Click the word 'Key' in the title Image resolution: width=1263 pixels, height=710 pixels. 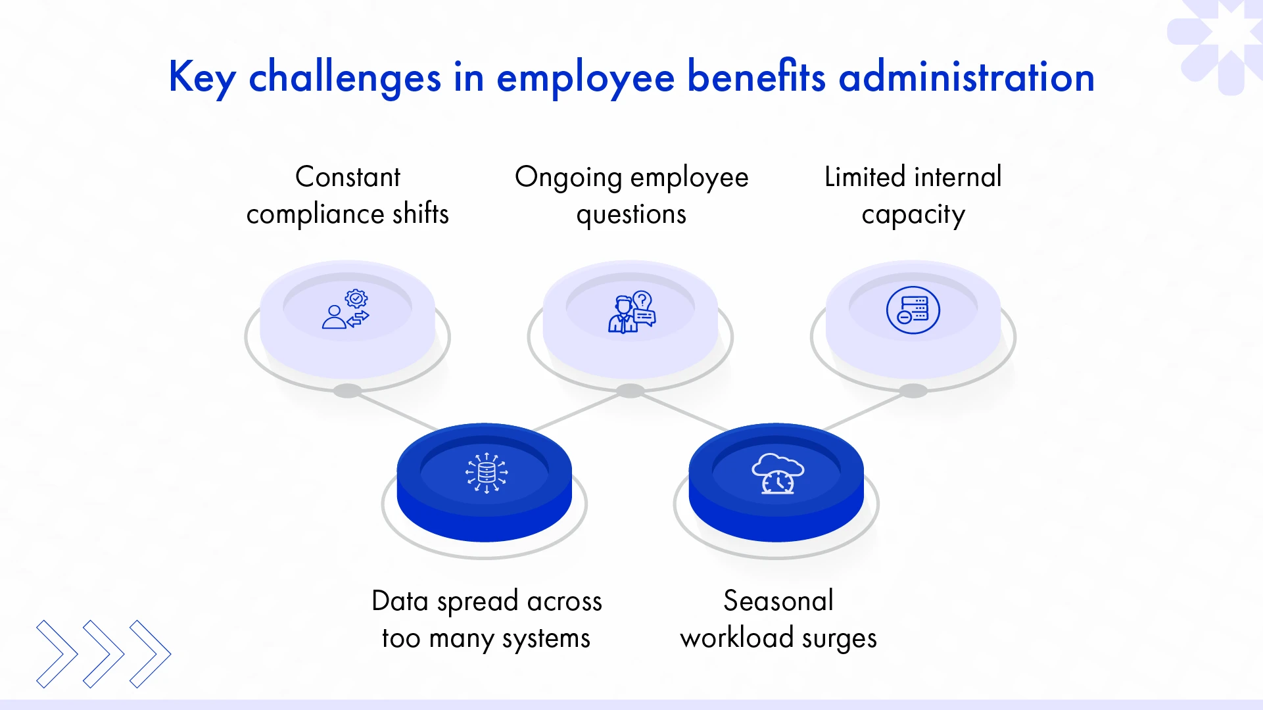pyautogui.click(x=202, y=78)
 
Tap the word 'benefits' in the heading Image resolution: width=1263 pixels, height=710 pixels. pyautogui.click(x=756, y=78)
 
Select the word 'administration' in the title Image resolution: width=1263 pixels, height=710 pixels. pyautogui.click(x=966, y=78)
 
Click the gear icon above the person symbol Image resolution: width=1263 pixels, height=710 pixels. pyautogui.click(x=356, y=299)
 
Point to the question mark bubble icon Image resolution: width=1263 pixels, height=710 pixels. pyautogui.click(x=642, y=301)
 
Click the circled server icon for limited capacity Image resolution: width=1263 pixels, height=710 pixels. pyautogui.click(x=913, y=310)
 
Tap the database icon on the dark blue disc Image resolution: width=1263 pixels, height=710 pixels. pyautogui.click(x=487, y=473)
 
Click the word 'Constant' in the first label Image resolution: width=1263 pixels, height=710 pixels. pyautogui.click(x=348, y=177)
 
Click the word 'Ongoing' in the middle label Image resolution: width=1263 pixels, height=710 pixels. pyautogui.click(x=568, y=177)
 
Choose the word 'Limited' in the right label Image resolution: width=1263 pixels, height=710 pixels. pyautogui.click(x=865, y=177)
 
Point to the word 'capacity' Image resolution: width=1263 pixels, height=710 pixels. pyautogui.click(x=913, y=215)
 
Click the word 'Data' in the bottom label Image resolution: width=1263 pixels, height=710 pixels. pyautogui.click(x=400, y=601)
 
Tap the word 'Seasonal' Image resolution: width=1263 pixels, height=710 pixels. pyautogui.click(x=778, y=601)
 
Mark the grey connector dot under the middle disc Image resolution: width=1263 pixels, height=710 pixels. pyautogui.click(x=631, y=391)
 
